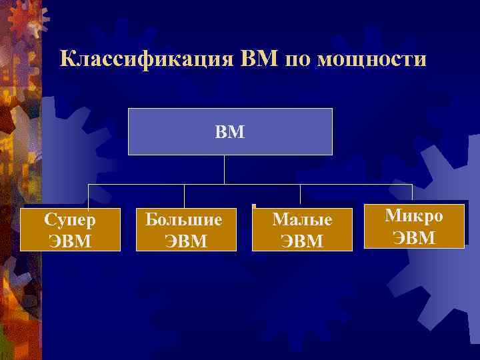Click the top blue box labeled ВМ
click(229, 131)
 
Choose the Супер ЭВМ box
click(70, 229)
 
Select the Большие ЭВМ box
click(186, 229)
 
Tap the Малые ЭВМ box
click(302, 229)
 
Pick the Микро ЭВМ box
click(413, 226)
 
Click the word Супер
click(70, 219)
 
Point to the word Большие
click(186, 219)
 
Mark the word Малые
click(302, 219)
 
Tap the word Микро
click(414, 215)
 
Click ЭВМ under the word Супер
click(70, 239)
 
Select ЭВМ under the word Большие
click(186, 239)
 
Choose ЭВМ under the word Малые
click(302, 239)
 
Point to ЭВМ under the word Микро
click(414, 237)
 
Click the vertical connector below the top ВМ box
click(224, 169)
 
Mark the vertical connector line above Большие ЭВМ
click(185, 196)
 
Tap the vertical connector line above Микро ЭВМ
click(412, 194)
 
